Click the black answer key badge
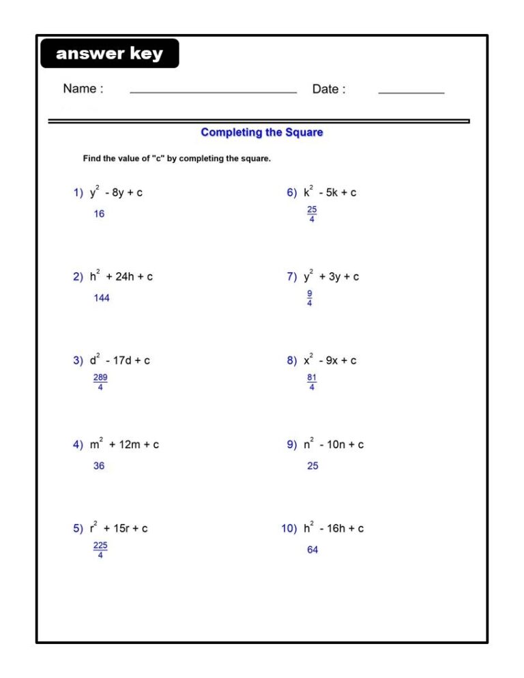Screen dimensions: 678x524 (x=109, y=54)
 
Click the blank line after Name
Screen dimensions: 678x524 (x=213, y=91)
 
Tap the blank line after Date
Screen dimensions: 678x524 (x=411, y=91)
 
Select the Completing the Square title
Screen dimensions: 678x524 (x=262, y=132)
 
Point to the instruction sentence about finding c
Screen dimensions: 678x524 (x=177, y=159)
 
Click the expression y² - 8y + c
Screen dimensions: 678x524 (x=116, y=192)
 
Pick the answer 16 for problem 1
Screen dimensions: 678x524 (x=100, y=214)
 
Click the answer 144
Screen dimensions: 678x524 (x=102, y=298)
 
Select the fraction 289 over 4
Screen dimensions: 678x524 (x=100, y=383)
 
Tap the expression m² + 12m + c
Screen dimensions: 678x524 (x=124, y=444)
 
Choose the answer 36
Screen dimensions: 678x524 (x=99, y=466)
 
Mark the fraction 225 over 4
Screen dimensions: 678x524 (x=100, y=550)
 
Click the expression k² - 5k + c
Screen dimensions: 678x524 (x=330, y=192)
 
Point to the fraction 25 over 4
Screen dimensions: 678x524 (x=312, y=215)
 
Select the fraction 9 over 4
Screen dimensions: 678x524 (x=310, y=299)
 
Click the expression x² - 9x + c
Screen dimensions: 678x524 (x=330, y=360)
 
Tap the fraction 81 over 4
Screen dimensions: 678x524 (x=312, y=383)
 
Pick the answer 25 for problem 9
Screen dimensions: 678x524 (x=312, y=466)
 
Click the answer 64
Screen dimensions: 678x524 (x=312, y=550)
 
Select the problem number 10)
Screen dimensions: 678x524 (x=289, y=529)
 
